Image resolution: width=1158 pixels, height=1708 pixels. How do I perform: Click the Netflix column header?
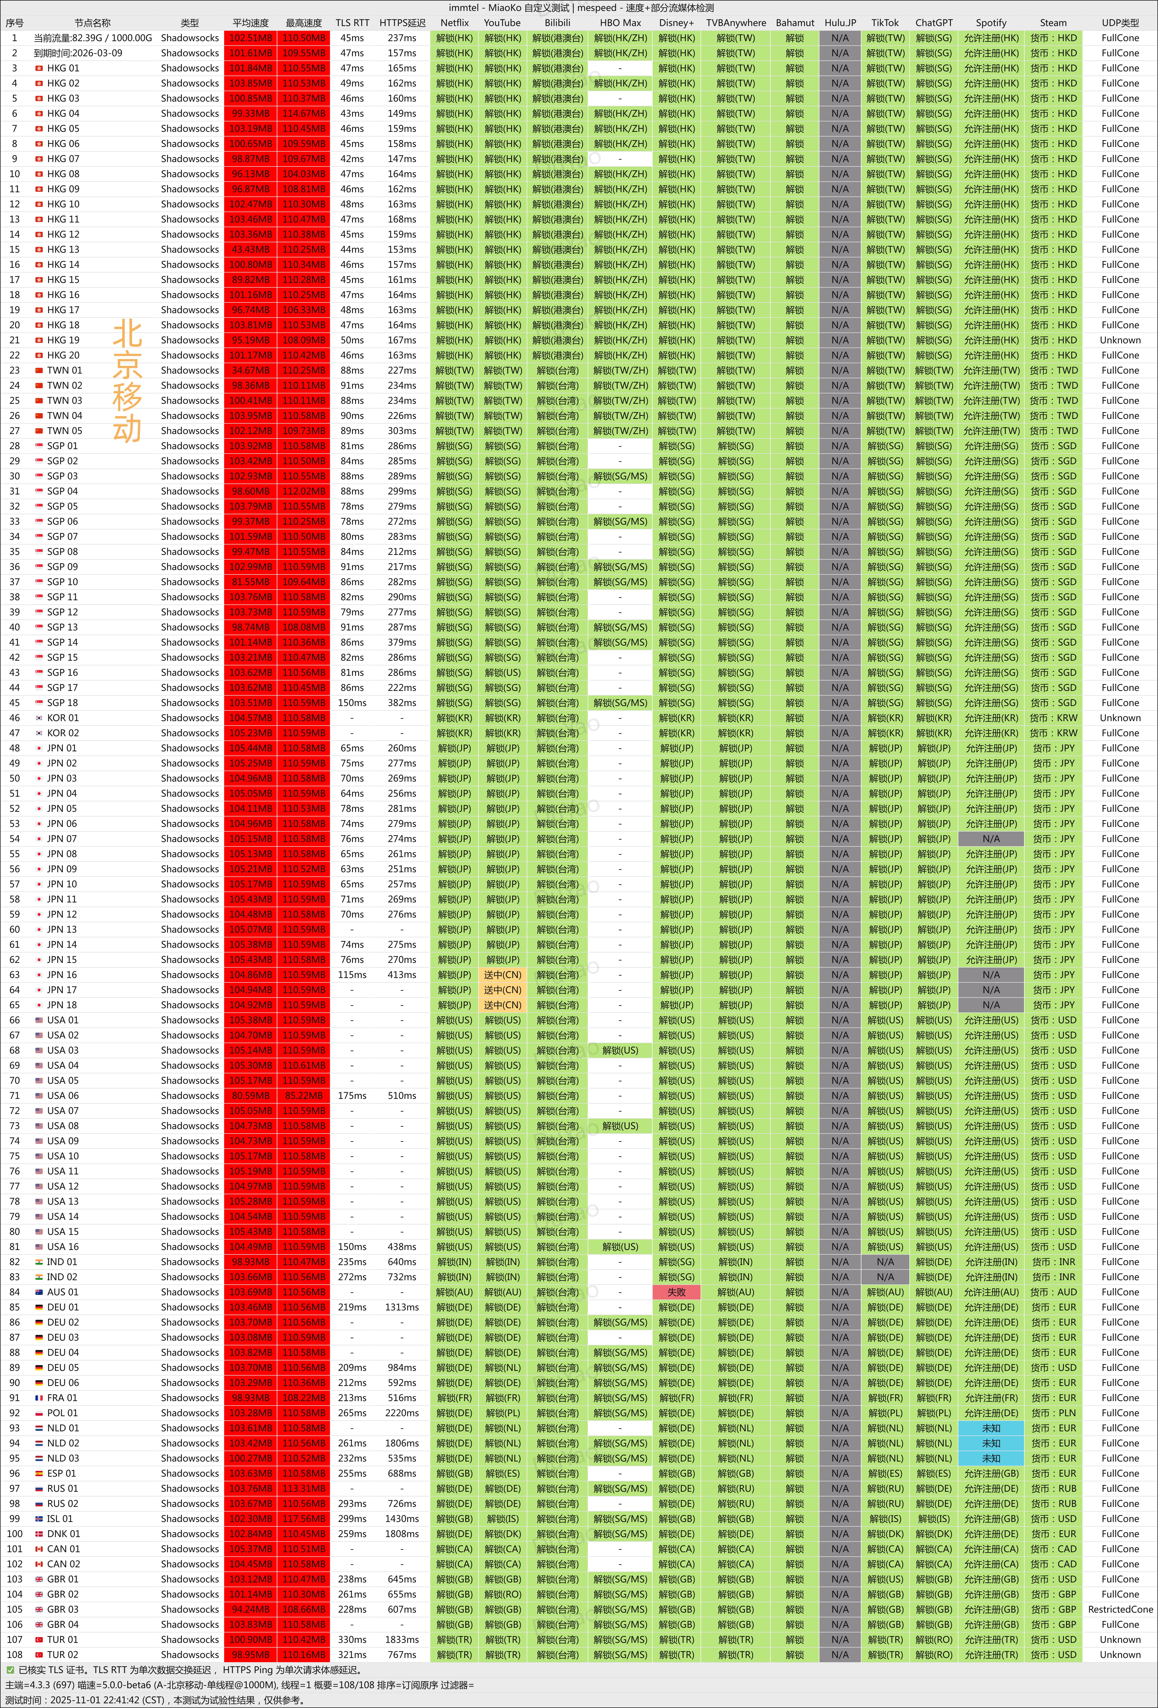pos(454,23)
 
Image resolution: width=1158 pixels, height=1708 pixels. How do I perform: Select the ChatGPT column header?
pos(934,23)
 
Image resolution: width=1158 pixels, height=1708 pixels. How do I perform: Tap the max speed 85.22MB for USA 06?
pos(304,1096)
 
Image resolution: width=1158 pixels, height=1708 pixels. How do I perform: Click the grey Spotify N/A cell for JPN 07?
pos(990,839)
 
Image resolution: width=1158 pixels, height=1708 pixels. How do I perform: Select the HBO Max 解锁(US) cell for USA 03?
pos(620,1050)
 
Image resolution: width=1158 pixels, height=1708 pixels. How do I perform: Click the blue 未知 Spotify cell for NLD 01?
pos(990,1428)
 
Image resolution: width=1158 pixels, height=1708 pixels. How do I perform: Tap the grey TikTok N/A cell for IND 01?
pos(885,1262)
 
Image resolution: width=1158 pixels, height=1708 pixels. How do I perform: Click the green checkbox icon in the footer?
pos(10,1670)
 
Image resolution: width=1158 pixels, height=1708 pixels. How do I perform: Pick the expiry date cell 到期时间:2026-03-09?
pos(78,53)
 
